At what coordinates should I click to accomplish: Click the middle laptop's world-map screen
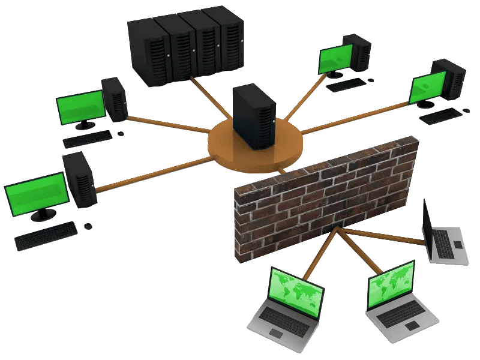pos(391,283)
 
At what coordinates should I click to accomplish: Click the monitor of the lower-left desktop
pos(35,193)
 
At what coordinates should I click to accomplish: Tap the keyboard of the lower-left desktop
pos(46,236)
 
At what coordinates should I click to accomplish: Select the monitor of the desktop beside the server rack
pos(335,59)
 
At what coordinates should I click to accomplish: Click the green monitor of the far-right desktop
pos(427,88)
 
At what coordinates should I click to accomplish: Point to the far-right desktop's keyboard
pos(441,116)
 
